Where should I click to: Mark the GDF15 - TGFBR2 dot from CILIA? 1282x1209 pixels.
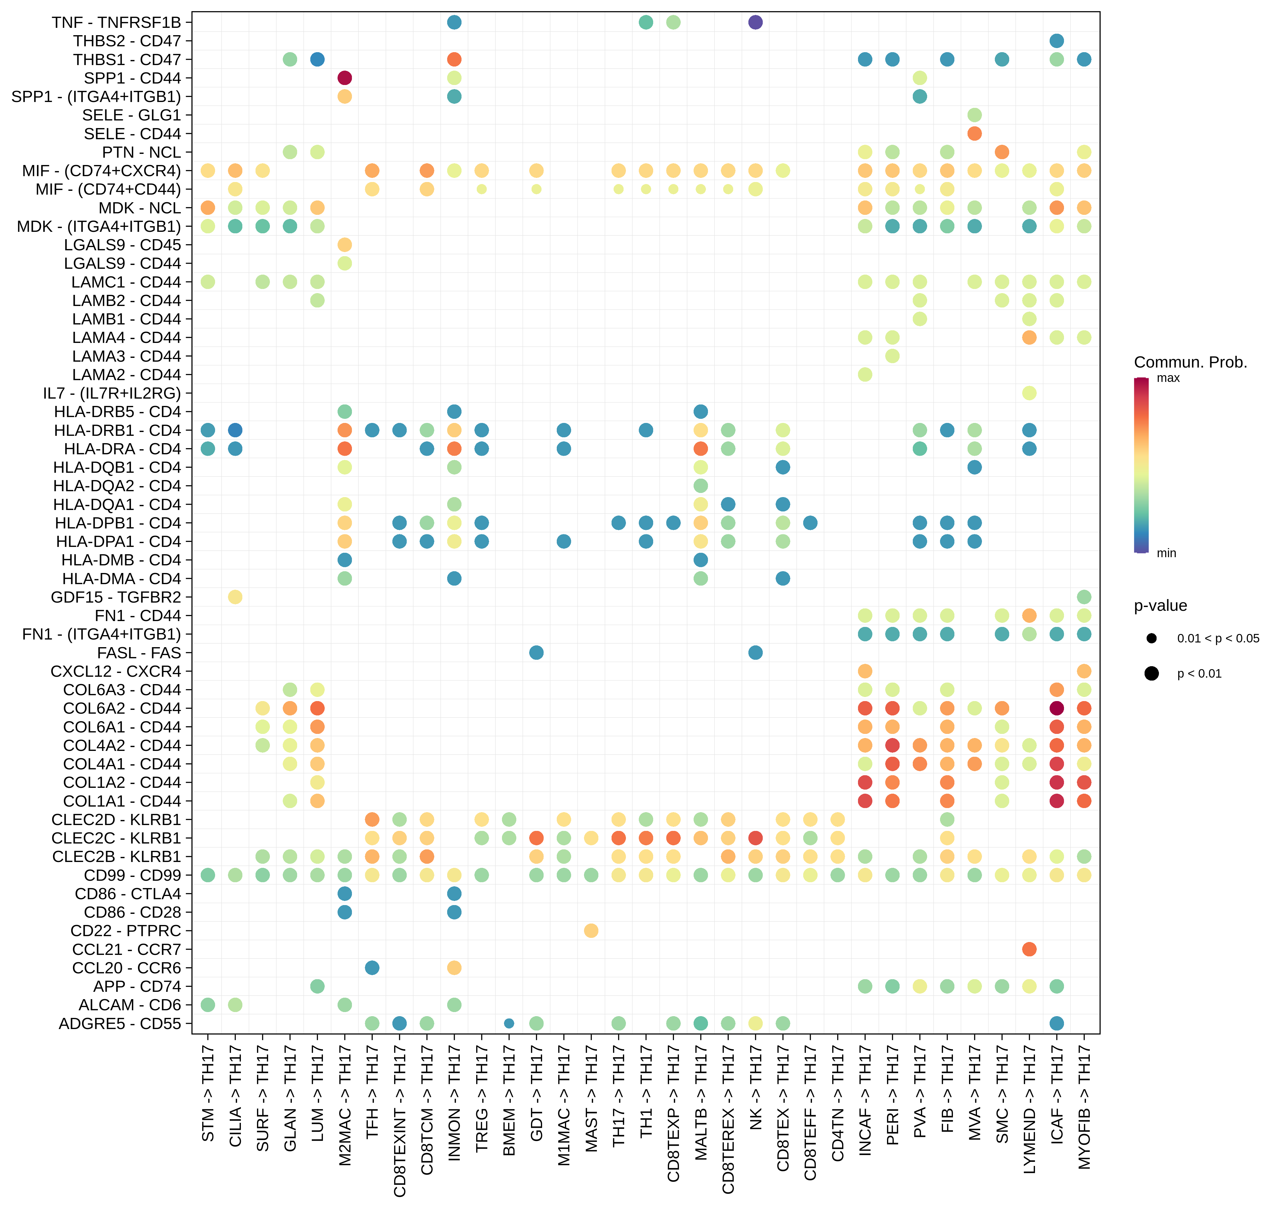(235, 597)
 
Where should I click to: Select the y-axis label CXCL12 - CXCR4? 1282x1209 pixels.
(116, 671)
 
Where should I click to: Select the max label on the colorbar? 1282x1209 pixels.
(1168, 378)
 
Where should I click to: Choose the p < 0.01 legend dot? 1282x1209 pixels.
(1152, 674)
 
